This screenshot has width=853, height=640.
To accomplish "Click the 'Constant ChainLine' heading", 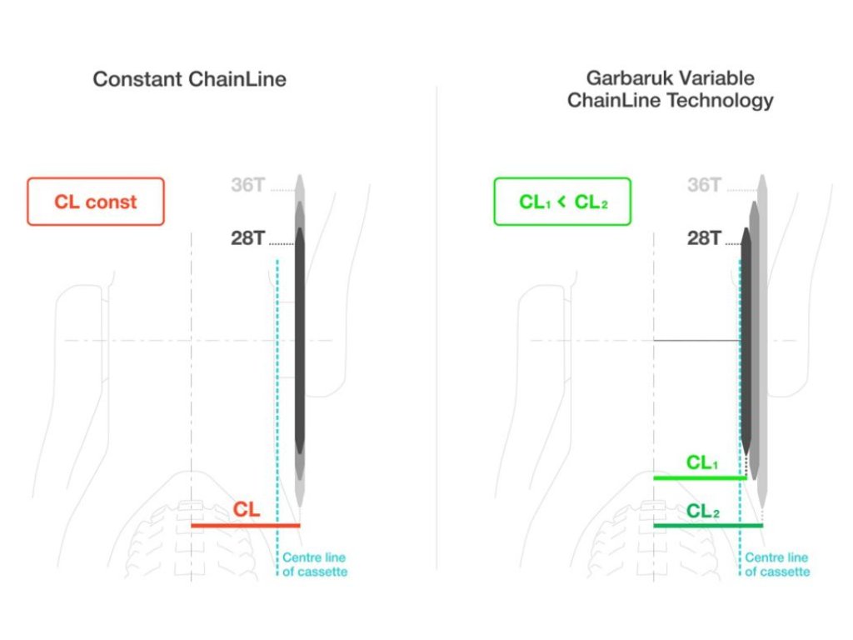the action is [189, 80].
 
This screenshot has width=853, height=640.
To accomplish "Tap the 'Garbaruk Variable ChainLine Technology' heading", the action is [670, 90].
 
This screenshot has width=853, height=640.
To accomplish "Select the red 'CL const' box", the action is [96, 202].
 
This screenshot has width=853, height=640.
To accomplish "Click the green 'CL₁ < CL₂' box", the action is [562, 202].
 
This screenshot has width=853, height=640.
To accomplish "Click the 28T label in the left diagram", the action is [247, 239].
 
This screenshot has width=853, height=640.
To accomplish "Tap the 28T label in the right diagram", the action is [704, 239].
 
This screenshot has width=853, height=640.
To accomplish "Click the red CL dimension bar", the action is [245, 525].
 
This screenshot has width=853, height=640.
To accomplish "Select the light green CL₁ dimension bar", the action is [699, 477].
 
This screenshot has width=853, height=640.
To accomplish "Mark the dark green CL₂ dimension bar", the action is [707, 525].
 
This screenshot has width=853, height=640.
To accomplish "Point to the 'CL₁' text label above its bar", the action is [701, 462].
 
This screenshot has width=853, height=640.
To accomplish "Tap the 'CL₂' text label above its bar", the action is [702, 511].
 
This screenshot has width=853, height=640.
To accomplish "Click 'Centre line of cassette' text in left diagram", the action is [314, 564].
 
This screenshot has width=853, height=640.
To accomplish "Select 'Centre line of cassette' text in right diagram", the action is [776, 564].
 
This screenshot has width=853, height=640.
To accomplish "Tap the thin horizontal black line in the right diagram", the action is [696, 341].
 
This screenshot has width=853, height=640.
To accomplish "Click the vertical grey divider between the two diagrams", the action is [436, 333].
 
